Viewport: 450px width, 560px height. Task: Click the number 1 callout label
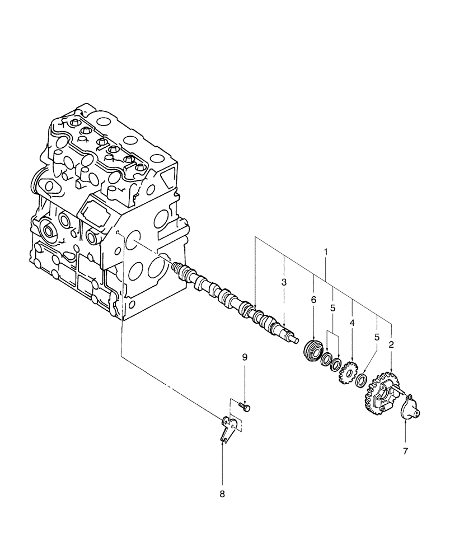pos(326,253)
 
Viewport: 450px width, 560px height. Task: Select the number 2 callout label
pos(391,345)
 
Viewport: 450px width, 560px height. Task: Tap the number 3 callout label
pos(284,282)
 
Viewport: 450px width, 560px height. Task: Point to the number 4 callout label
pos(352,323)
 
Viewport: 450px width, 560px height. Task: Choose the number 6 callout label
pos(313,300)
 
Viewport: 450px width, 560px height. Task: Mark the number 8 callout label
pos(222,494)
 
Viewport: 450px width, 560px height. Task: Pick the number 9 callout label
pos(244,357)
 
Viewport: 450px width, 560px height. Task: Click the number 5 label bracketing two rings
pos(332,309)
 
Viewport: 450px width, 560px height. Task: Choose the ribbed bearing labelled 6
pos(312,351)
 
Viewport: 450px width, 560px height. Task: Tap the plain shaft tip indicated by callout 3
pos(292,338)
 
